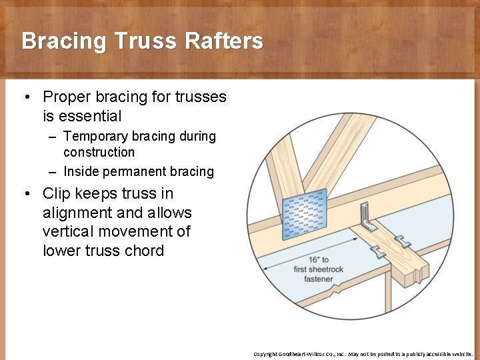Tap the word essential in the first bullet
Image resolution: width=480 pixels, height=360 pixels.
click(x=90, y=116)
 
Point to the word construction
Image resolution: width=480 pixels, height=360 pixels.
click(x=99, y=152)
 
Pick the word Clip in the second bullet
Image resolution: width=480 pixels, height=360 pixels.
click(x=55, y=194)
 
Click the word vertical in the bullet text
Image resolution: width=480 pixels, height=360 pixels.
click(x=67, y=232)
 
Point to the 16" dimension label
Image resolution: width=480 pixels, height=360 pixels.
click(x=319, y=260)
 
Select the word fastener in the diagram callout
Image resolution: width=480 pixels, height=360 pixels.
click(x=319, y=279)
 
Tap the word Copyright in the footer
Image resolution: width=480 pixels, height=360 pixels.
click(x=265, y=354)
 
